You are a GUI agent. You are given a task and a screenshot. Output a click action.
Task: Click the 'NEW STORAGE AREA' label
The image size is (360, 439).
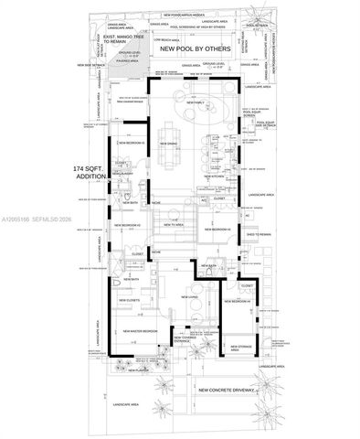(242, 348)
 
